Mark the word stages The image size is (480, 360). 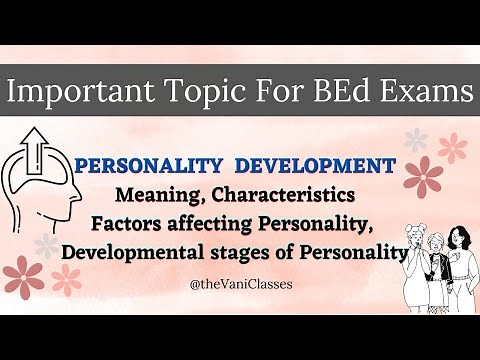(251, 251)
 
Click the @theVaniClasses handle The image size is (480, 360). (240, 285)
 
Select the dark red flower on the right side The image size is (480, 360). (423, 176)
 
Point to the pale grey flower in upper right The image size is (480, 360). (415, 138)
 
